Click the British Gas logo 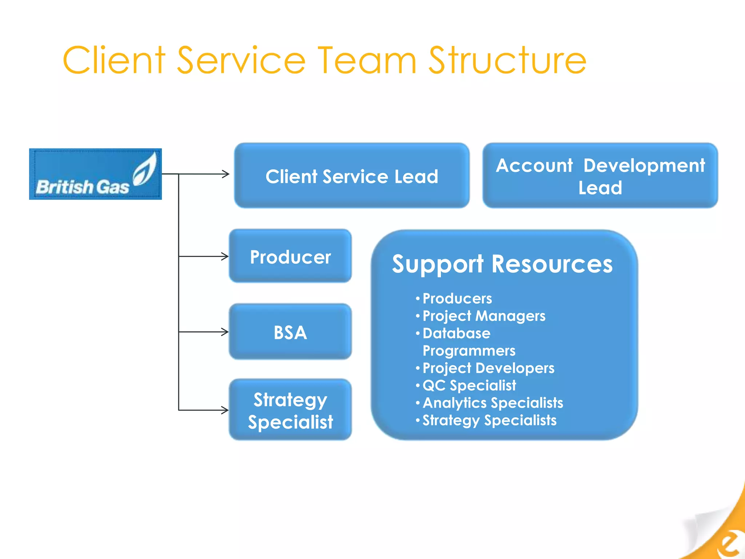click(x=95, y=174)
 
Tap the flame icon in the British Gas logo click(x=145, y=170)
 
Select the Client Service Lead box click(x=351, y=176)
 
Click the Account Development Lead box click(x=600, y=176)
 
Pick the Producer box click(x=290, y=257)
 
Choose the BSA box click(x=290, y=332)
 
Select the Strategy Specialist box click(x=290, y=410)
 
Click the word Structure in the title click(x=507, y=60)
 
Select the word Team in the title click(x=367, y=60)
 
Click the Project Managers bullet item click(x=484, y=316)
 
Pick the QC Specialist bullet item click(x=469, y=385)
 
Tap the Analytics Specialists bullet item click(x=493, y=403)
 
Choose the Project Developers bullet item click(x=488, y=368)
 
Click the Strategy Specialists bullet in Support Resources click(x=489, y=420)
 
